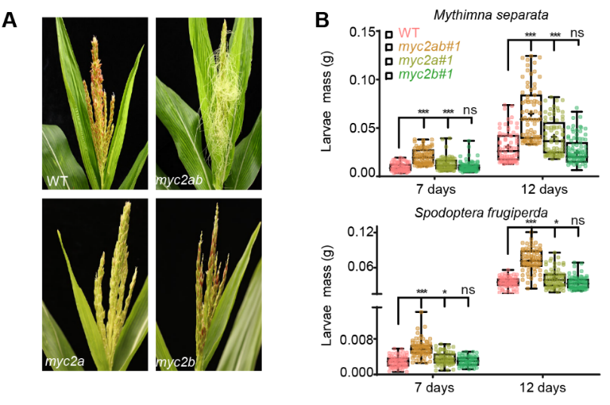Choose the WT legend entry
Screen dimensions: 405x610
click(409, 32)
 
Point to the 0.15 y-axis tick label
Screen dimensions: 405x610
click(363, 32)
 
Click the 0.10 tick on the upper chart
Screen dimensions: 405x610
click(363, 80)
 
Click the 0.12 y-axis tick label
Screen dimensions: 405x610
click(363, 232)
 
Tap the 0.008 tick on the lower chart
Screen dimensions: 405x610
click(359, 339)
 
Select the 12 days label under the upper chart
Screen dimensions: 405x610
click(541, 189)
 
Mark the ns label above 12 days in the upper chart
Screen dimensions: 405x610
click(578, 33)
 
